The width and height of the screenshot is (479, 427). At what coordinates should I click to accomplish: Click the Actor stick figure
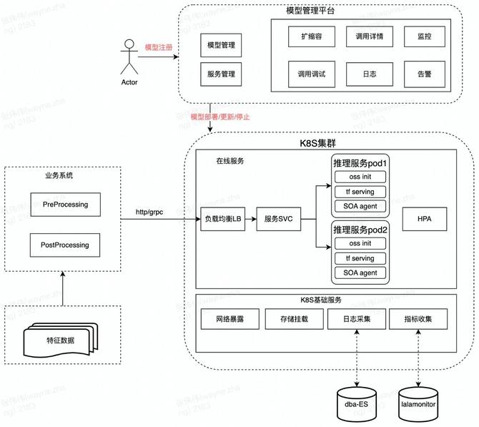129,57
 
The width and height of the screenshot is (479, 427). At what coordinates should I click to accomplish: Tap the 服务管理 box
221,74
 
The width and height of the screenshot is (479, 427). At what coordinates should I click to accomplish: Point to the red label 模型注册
159,47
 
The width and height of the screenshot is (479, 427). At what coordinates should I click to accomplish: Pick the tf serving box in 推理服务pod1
360,192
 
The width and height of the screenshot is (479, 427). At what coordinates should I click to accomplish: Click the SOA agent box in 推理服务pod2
360,272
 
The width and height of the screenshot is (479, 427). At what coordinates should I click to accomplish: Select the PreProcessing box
65,205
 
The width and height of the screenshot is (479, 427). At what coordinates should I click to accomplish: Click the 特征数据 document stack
59,340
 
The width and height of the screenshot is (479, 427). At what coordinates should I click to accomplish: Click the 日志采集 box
357,319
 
